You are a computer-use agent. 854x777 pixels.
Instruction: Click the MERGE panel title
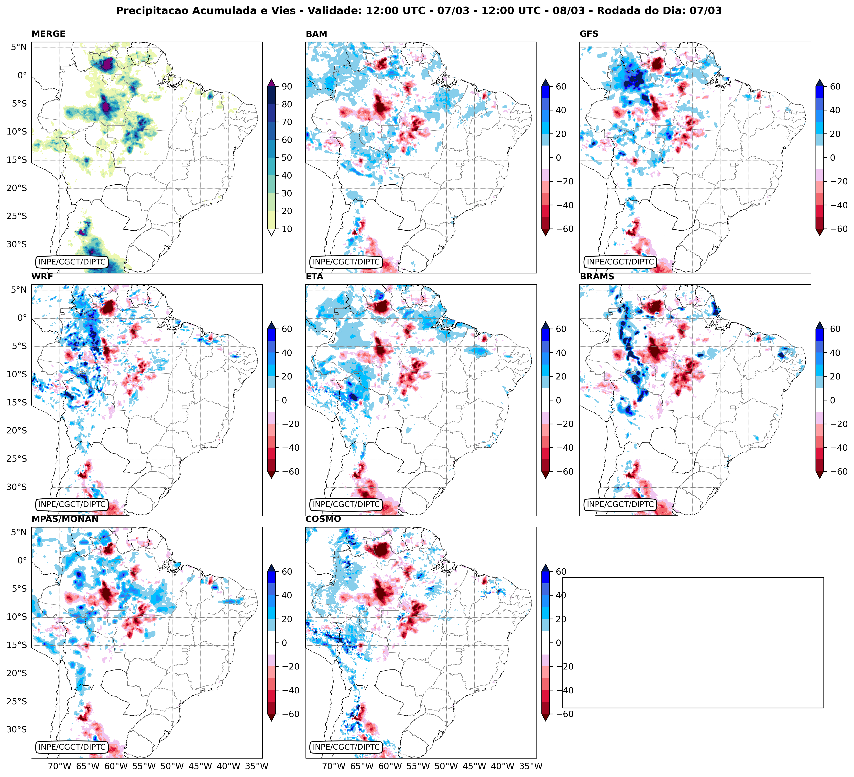pos(48,34)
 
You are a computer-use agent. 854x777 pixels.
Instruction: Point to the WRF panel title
pos(42,277)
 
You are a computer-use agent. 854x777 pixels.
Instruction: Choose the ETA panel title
pos(314,277)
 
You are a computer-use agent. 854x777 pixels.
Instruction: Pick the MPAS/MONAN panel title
pos(65,519)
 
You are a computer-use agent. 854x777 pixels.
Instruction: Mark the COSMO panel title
pos(323,519)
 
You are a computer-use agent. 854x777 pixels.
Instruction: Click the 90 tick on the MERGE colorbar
pos(286,86)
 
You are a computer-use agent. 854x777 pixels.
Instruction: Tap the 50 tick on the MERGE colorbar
pos(286,158)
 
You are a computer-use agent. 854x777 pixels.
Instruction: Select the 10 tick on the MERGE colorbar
pos(286,229)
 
